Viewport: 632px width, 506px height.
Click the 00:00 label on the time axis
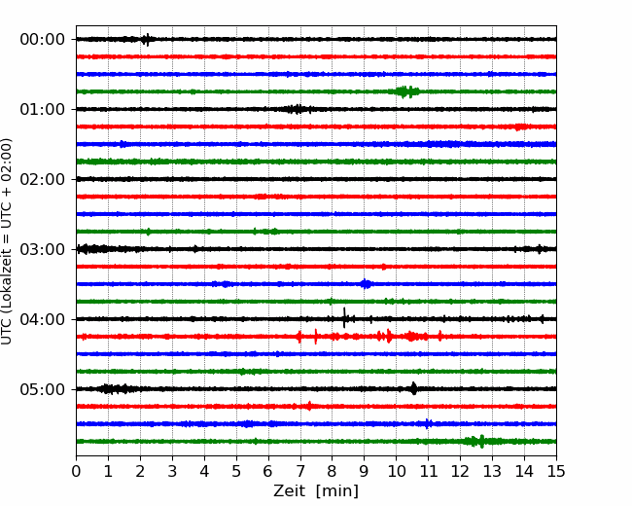[43, 40]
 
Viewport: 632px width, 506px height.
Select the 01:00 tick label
[43, 110]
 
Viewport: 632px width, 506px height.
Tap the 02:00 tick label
[43, 180]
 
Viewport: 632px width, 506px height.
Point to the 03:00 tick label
[43, 250]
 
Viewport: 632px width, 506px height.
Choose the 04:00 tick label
[43, 319]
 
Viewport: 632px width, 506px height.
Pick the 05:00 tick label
[43, 390]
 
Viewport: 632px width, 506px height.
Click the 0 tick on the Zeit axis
[76, 471]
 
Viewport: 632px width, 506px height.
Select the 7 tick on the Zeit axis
[300, 471]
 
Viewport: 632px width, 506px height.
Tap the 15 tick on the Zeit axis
[556, 471]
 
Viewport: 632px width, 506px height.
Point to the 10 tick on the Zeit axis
[396, 471]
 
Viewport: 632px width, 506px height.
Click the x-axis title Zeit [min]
[316, 491]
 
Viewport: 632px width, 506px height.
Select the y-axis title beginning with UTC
[7, 241]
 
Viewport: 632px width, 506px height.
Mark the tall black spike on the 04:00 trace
[344, 317]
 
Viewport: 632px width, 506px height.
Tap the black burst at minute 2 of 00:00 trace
[147, 40]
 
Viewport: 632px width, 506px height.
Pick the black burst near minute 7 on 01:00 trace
[298, 109]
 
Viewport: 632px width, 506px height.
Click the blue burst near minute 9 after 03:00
[366, 284]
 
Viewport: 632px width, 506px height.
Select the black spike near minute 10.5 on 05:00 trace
[414, 388]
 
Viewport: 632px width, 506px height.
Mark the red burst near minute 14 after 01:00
[521, 127]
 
